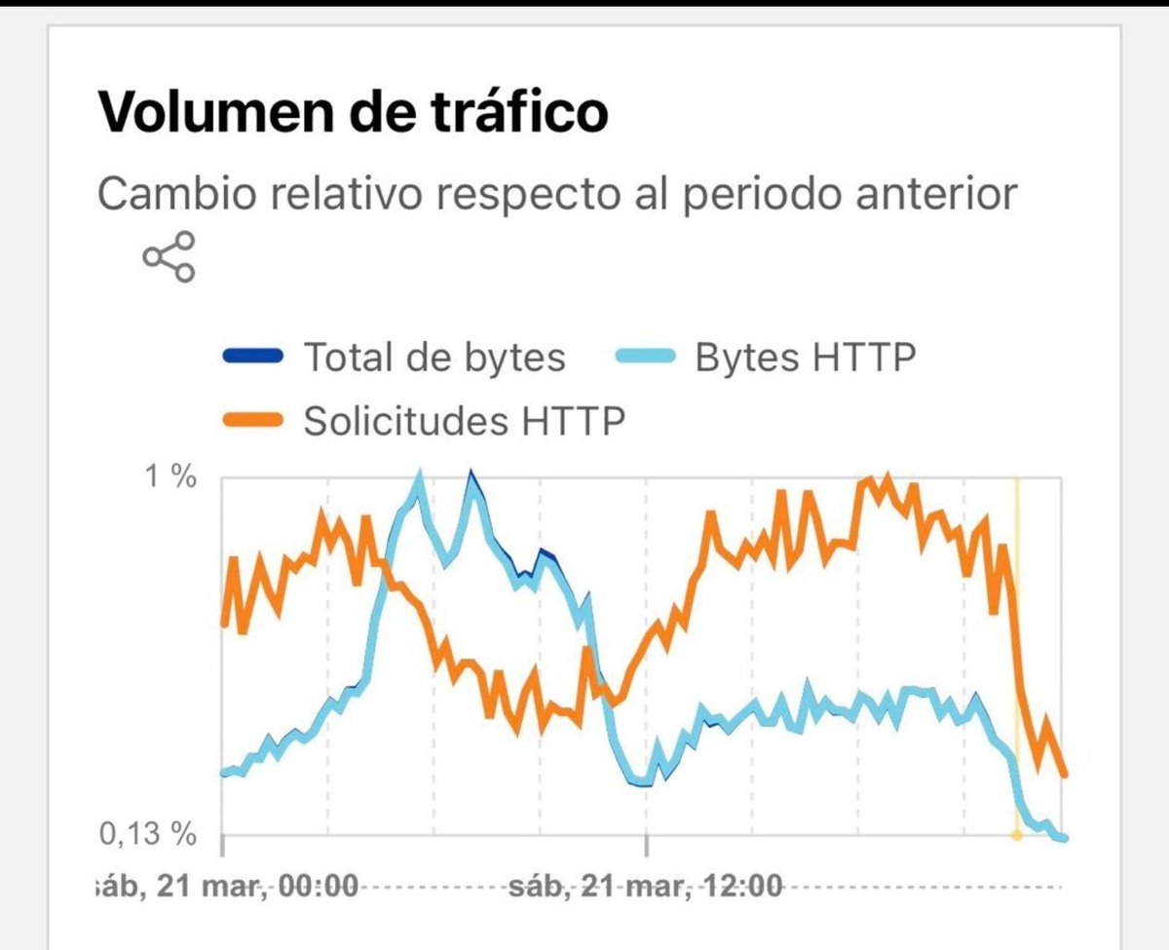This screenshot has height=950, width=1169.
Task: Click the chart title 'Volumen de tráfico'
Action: pyautogui.click(x=353, y=113)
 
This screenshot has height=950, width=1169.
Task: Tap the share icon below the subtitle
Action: pyautogui.click(x=170, y=256)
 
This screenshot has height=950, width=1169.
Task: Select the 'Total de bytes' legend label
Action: pyautogui.click(x=434, y=358)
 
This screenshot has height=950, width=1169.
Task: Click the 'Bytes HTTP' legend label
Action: pyautogui.click(x=805, y=358)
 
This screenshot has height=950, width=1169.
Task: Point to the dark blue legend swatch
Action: pyautogui.click(x=253, y=358)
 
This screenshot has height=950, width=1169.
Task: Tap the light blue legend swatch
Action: pyautogui.click(x=644, y=358)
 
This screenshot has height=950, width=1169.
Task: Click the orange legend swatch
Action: pyautogui.click(x=253, y=421)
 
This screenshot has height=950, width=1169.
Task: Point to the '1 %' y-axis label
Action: pyautogui.click(x=171, y=478)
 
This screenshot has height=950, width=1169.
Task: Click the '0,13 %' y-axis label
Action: pyautogui.click(x=148, y=834)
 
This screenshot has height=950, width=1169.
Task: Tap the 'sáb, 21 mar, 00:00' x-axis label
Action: pyautogui.click(x=226, y=888)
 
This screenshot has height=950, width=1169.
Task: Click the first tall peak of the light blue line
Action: pyautogui.click(x=419, y=477)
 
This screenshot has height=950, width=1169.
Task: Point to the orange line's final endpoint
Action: pyautogui.click(x=1065, y=776)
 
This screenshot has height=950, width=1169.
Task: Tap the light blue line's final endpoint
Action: pyautogui.click(x=1065, y=838)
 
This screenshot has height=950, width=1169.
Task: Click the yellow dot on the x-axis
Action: pyautogui.click(x=1016, y=835)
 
